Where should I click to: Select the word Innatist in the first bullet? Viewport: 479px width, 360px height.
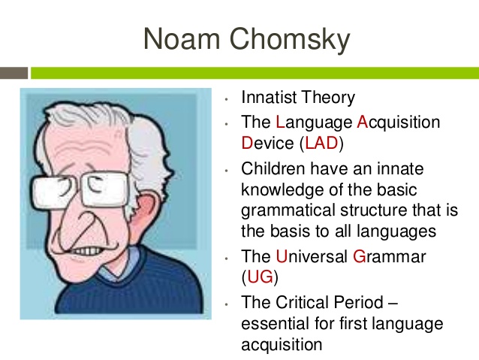271,98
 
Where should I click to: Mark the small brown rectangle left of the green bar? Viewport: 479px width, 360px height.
14,73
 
